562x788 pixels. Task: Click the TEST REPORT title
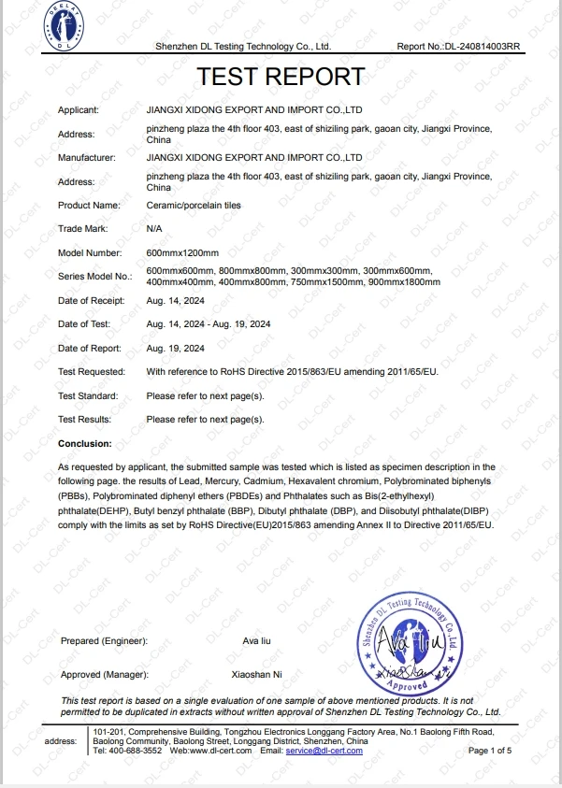pyautogui.click(x=281, y=76)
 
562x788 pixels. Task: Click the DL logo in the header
pyautogui.click(x=65, y=29)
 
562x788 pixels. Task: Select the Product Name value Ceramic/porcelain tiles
pyautogui.click(x=193, y=205)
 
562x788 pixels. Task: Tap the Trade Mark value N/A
pyautogui.click(x=154, y=228)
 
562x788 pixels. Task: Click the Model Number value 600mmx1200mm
pyautogui.click(x=182, y=252)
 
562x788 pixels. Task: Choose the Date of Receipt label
pyautogui.click(x=90, y=300)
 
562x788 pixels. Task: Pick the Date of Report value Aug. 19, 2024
pyautogui.click(x=176, y=348)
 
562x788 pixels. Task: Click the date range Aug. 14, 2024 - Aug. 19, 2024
pyautogui.click(x=209, y=324)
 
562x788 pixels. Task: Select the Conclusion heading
pyautogui.click(x=84, y=443)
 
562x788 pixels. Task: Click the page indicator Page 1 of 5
pyautogui.click(x=489, y=751)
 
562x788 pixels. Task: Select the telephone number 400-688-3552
pyautogui.click(x=137, y=751)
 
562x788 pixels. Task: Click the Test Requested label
pyautogui.click(x=91, y=371)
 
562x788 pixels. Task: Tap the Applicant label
pyautogui.click(x=79, y=110)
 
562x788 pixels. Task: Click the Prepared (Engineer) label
pyautogui.click(x=104, y=640)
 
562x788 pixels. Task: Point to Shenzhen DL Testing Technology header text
pyautogui.click(x=242, y=46)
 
